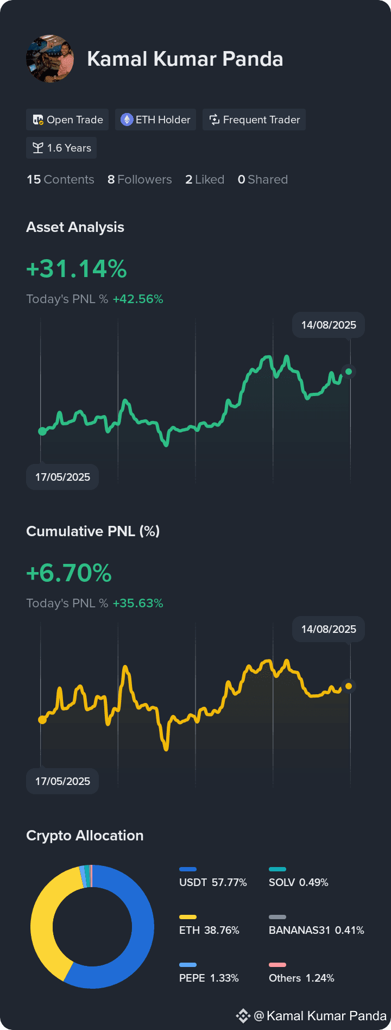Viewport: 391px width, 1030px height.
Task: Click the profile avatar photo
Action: pyautogui.click(x=50, y=59)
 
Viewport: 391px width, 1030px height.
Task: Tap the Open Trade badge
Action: pyautogui.click(x=67, y=120)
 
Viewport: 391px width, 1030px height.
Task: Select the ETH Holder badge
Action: pyautogui.click(x=155, y=120)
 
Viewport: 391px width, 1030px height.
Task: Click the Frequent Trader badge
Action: pyautogui.click(x=254, y=120)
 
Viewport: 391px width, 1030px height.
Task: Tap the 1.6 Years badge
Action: pyautogui.click(x=61, y=148)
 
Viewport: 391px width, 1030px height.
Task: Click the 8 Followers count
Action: pyautogui.click(x=140, y=179)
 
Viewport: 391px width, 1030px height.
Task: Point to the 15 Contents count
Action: pyautogui.click(x=60, y=179)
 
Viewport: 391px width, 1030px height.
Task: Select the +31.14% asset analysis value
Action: pyautogui.click(x=77, y=269)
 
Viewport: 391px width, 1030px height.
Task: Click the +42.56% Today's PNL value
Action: pyautogui.click(x=138, y=299)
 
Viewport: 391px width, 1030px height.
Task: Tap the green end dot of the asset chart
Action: pyautogui.click(x=349, y=372)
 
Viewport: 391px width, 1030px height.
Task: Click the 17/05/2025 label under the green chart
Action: pyautogui.click(x=62, y=477)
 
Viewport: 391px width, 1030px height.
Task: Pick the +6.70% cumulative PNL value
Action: pyautogui.click(x=69, y=573)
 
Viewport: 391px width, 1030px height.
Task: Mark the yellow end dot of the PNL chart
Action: pyautogui.click(x=349, y=686)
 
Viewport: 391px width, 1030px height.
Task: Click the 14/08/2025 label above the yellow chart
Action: pyautogui.click(x=329, y=629)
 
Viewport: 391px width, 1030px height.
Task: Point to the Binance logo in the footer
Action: pyautogui.click(x=243, y=1015)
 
